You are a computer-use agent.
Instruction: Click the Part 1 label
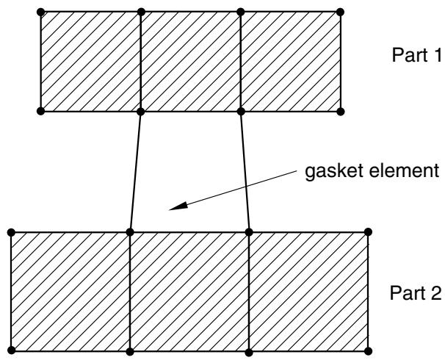tap(416, 55)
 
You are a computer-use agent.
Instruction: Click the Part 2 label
tap(416, 292)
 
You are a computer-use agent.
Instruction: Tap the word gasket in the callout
tap(333, 172)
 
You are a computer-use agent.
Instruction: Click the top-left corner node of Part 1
tap(41, 12)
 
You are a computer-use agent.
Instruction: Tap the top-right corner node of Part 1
tap(340, 12)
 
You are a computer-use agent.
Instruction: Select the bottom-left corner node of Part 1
tap(41, 111)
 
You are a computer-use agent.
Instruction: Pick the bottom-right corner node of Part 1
tap(341, 112)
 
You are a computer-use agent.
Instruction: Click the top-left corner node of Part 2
tap(11, 232)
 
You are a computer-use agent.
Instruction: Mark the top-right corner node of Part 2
tap(368, 232)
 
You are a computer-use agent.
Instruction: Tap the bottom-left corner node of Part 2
tap(11, 350)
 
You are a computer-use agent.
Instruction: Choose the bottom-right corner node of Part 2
tap(368, 351)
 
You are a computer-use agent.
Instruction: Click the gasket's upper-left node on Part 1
tap(140, 112)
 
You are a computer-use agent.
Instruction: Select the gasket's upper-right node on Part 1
tap(241, 112)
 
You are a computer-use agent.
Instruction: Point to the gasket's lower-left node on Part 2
tap(130, 232)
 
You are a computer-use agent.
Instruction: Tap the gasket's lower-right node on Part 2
tap(249, 232)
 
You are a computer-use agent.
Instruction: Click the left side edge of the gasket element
tap(135, 172)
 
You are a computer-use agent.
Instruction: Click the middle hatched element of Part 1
tap(191, 62)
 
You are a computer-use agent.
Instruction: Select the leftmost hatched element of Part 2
tap(70, 292)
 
